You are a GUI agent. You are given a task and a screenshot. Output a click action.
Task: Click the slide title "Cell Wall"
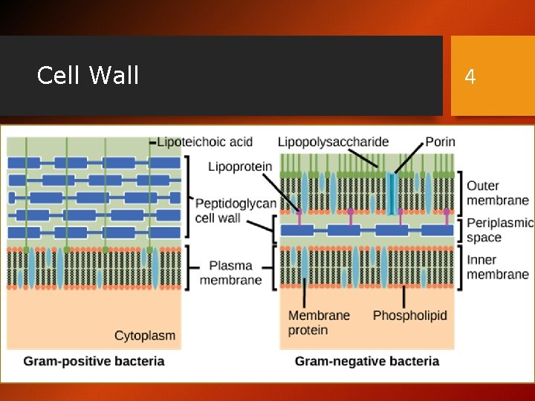[x=88, y=75]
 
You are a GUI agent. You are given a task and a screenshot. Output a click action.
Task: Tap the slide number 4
[x=470, y=76]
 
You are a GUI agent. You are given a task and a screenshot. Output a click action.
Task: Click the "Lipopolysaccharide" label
[x=333, y=141]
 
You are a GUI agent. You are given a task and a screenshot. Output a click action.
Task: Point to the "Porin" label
[x=440, y=141]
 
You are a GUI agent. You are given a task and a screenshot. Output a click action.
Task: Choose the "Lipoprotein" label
[x=240, y=166]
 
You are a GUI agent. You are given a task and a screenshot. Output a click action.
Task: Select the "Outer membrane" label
[x=497, y=192]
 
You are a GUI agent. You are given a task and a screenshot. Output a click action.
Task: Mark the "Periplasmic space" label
[x=499, y=230]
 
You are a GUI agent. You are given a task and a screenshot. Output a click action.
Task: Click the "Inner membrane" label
[x=497, y=267]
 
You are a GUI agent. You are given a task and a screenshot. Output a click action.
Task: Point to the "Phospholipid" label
[x=409, y=316]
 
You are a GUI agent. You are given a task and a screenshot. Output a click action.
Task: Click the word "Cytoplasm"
[x=145, y=336]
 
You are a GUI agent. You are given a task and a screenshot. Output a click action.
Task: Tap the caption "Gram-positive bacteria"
[x=94, y=362]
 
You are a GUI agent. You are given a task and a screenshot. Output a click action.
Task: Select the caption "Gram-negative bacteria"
[x=367, y=362]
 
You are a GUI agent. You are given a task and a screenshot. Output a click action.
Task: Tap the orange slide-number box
[x=493, y=76]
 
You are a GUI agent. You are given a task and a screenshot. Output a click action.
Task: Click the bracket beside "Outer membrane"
[x=459, y=192]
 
